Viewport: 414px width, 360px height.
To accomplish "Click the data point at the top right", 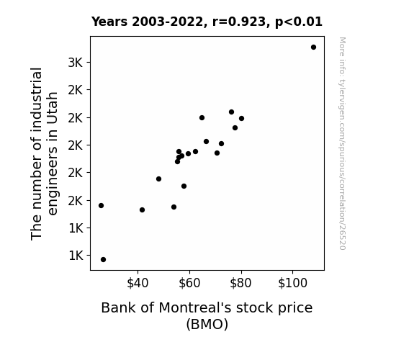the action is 313,48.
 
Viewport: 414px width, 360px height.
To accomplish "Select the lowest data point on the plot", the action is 103,260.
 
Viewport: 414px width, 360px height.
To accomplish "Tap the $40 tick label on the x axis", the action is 138,283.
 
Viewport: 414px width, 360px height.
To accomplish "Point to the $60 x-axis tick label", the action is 189,283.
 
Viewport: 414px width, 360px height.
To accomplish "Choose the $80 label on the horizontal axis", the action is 240,283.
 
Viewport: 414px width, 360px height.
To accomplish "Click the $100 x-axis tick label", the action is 292,283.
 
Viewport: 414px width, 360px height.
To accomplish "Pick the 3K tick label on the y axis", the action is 76,63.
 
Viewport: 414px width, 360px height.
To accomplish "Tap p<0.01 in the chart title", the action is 299,22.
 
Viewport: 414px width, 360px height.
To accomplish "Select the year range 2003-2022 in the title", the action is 167,22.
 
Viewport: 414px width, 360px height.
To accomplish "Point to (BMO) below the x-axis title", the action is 207,324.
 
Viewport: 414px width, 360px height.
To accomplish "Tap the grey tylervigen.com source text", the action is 342,143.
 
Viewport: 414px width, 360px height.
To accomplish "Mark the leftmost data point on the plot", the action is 101,205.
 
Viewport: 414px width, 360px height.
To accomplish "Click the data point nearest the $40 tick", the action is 142,210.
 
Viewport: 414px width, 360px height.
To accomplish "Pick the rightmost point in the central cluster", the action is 242,118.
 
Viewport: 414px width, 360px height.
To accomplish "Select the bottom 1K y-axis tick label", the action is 76,256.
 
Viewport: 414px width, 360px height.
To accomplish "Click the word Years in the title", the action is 109,22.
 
